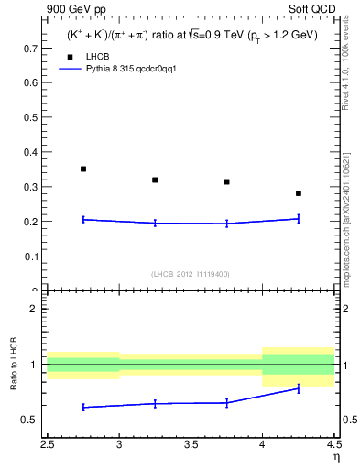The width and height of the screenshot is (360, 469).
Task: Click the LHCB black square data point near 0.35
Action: click(83, 169)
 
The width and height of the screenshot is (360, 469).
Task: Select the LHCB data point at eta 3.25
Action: click(155, 180)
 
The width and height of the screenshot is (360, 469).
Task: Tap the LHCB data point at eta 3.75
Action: click(226, 181)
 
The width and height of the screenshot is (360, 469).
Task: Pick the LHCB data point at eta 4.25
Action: click(299, 193)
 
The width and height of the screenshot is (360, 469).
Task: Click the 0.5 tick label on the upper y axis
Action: click(31, 116)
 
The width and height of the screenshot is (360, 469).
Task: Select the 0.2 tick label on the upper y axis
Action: click(31, 222)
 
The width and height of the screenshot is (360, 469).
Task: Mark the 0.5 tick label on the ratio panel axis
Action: click(31, 420)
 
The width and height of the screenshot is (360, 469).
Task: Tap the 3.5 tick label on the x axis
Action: click(191, 446)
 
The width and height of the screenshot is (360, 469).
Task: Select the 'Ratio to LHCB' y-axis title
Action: click(13, 365)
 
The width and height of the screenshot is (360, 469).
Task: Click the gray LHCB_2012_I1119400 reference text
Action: click(191, 274)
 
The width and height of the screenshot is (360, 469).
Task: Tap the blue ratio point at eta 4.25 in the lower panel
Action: click(299, 388)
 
